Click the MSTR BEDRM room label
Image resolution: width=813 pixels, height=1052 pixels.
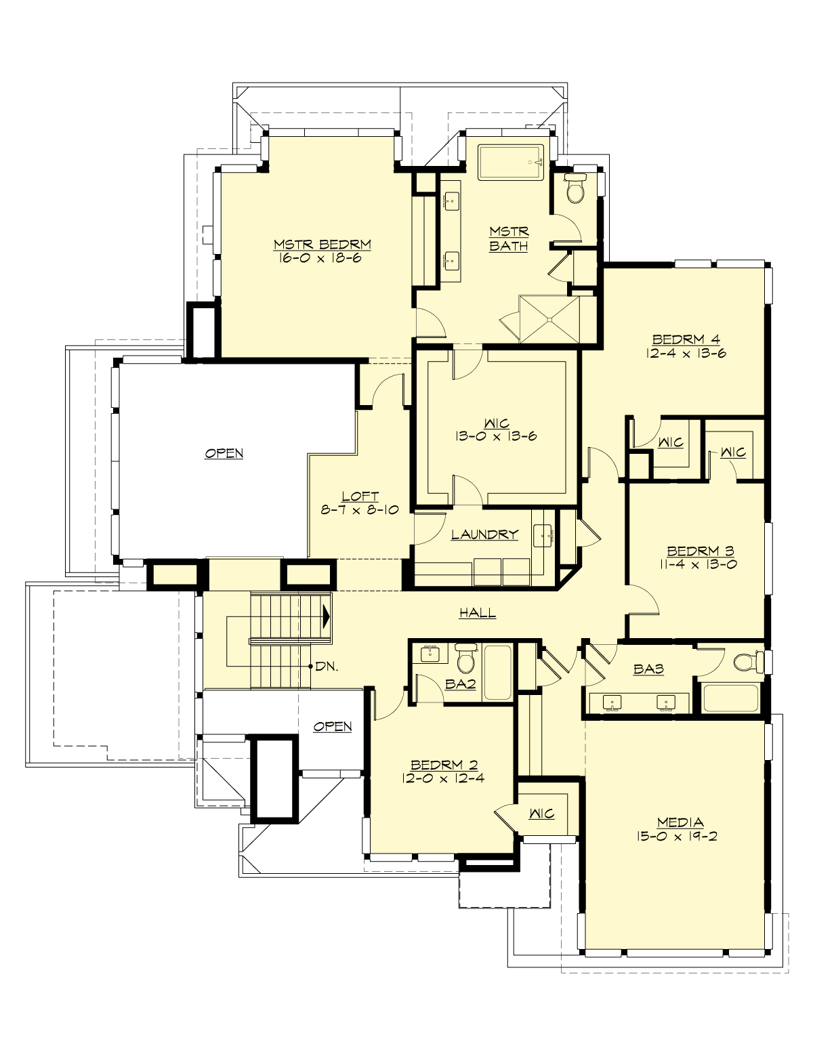pos(322,245)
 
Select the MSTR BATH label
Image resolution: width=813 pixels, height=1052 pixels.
pos(508,239)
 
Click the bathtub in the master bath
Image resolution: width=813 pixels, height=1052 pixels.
pos(512,163)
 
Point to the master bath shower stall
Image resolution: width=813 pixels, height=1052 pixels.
pos(549,318)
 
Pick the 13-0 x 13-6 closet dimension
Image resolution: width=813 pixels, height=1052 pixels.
pos(496,436)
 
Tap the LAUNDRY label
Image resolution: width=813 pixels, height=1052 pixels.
pos(484,534)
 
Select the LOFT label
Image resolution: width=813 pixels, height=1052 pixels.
pos(360,497)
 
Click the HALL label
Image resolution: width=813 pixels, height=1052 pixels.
pos(478,613)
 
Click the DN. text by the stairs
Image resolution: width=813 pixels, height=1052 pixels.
pos(327,666)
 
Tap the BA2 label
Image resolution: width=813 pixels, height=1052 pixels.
pos(461,684)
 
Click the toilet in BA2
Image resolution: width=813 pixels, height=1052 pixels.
pos(465,658)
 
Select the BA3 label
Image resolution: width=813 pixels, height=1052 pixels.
pos(648,669)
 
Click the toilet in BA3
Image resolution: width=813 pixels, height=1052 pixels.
pos(746,660)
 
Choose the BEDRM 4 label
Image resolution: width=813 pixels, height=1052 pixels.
pos(686,339)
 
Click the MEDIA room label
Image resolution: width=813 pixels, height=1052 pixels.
pos(680,822)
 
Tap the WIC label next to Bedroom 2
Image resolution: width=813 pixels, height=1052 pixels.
pos(541,814)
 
